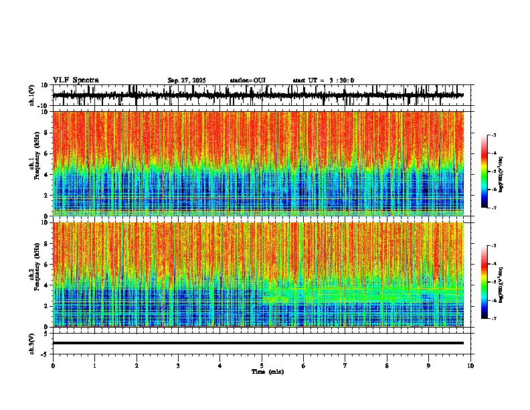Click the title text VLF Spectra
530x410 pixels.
pyautogui.click(x=76, y=80)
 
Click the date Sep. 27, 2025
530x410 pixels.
pyautogui.click(x=187, y=80)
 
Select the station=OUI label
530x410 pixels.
pyautogui.click(x=248, y=80)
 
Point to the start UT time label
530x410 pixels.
pyautogui.click(x=323, y=80)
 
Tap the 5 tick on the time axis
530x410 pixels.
pyautogui.click(x=262, y=366)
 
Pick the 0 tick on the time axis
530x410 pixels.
pyautogui.click(x=53, y=366)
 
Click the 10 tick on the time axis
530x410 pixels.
pyautogui.click(x=470, y=366)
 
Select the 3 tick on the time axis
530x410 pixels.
pyautogui.click(x=178, y=366)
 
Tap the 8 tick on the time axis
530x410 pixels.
pyautogui.click(x=387, y=366)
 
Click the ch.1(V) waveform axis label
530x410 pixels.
pyautogui.click(x=32, y=95)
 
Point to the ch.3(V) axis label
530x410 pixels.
pyautogui.click(x=32, y=342)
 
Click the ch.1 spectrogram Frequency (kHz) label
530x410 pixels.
pyautogui.click(x=35, y=163)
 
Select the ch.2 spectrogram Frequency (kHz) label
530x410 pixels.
pyautogui.click(x=35, y=274)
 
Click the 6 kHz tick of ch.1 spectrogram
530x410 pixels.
pyautogui.click(x=47, y=153)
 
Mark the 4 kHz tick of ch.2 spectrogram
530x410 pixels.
pyautogui.click(x=47, y=285)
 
